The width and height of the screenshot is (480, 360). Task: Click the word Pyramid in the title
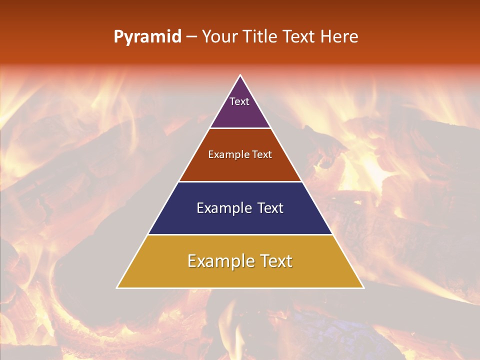pyautogui.click(x=147, y=37)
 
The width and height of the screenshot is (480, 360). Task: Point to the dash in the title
pyautogui.click(x=191, y=37)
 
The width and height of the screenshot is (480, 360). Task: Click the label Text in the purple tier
pyautogui.click(x=239, y=101)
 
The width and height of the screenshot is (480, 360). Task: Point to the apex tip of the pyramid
pyautogui.click(x=240, y=76)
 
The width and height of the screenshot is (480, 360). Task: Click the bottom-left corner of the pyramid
pyautogui.click(x=117, y=287)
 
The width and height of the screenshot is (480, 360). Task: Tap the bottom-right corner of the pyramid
pyautogui.click(x=363, y=287)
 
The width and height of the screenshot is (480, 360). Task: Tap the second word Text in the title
pyautogui.click(x=299, y=37)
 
